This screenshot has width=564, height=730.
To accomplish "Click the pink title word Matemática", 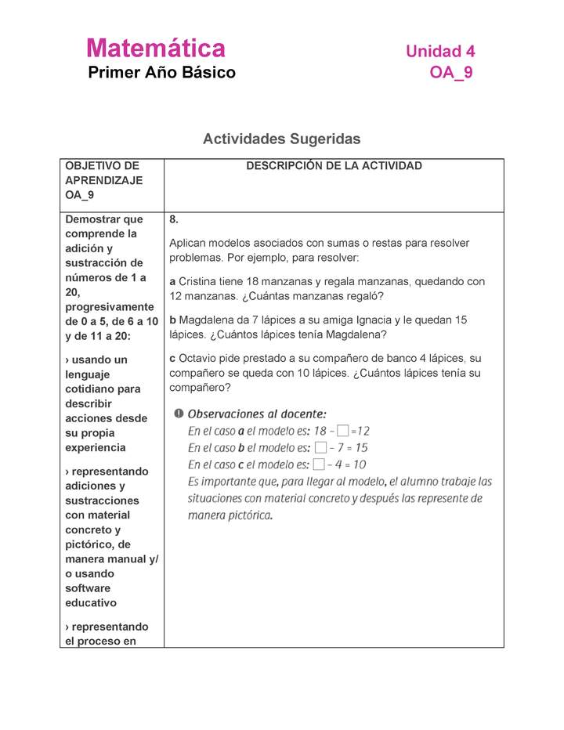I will pos(156,49).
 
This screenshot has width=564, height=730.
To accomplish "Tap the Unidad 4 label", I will pos(439,52).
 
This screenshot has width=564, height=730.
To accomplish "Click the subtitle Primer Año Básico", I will pos(161,73).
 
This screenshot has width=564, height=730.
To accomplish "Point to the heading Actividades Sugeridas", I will pos(281,139).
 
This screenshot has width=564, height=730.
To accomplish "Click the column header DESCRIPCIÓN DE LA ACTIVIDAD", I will pos(334,166).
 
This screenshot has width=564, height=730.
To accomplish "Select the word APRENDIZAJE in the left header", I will pos(103,180).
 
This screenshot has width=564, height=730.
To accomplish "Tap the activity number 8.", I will pos(174,220).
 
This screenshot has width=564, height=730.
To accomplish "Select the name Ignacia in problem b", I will pos(379,320).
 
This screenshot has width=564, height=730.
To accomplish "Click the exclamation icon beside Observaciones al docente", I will pos(179,414).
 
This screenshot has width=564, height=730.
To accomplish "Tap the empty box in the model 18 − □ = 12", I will pos(342,431).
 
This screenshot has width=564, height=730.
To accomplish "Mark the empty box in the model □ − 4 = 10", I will pos(318,464).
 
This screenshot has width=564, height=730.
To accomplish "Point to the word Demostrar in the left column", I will pos(93,219).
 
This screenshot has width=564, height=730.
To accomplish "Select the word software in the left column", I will pos(88,588).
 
